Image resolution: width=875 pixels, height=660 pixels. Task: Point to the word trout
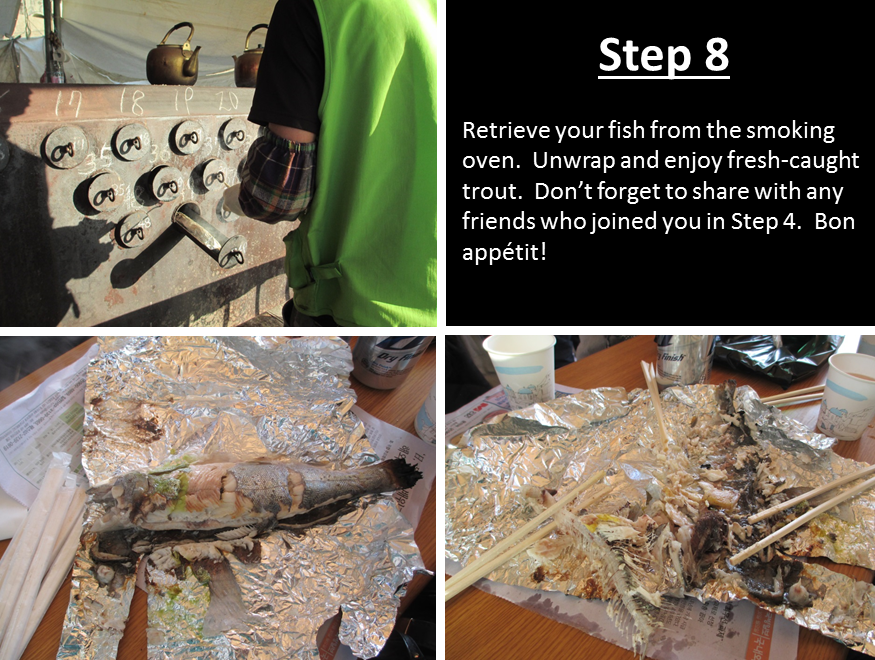coord(490,191)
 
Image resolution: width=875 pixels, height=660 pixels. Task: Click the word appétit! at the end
coord(504,253)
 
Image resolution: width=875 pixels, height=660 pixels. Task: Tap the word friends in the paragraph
coord(498,221)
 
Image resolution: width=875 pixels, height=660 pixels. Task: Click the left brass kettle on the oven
coord(173,55)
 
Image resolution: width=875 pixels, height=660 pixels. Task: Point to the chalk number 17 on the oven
coord(70,104)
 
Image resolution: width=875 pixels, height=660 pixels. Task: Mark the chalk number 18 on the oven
coord(130,101)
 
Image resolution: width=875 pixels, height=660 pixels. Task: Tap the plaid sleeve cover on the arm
coord(277,176)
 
